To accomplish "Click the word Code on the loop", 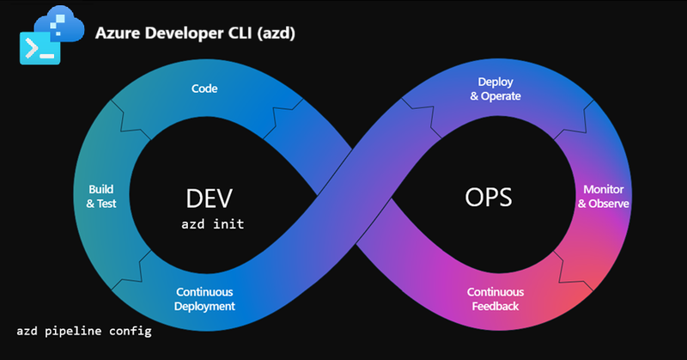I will (204, 88).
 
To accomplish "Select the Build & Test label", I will (102, 196).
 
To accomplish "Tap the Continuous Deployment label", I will (204, 299).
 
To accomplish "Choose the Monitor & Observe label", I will (603, 197).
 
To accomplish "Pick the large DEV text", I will (210, 198).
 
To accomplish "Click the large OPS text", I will (488, 198).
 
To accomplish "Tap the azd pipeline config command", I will (84, 330).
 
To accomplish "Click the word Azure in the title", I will (118, 33).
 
